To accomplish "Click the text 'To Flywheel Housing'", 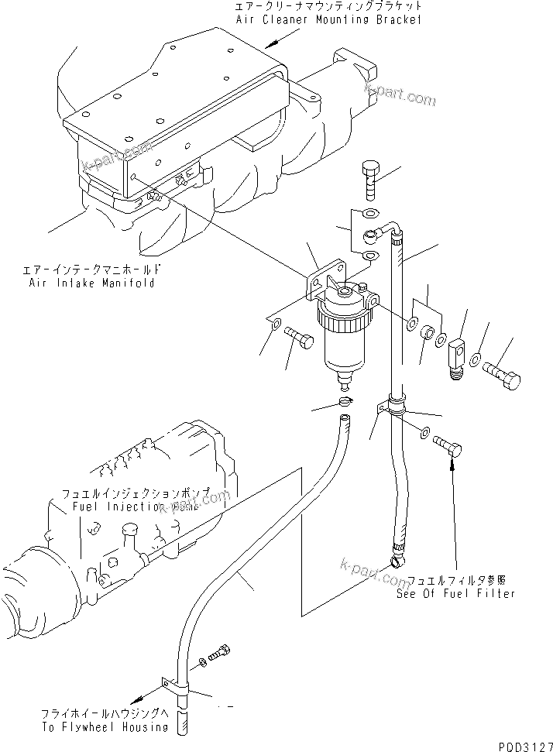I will pyautogui.click(x=106, y=727).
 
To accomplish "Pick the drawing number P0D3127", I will pyautogui.click(x=522, y=744).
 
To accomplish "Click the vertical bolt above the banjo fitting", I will pyautogui.click(x=370, y=182).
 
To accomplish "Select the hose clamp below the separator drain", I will pyautogui.click(x=345, y=401).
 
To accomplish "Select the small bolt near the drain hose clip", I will pyautogui.click(x=222, y=651).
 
